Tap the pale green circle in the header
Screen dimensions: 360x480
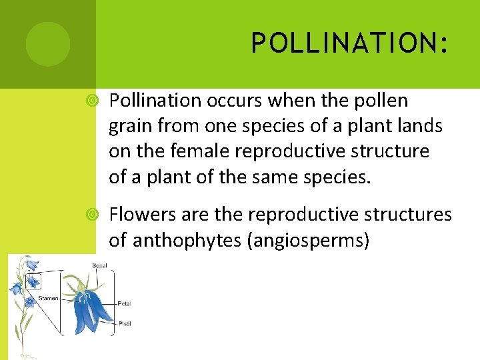tap(47, 44)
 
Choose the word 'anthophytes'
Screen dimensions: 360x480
tap(187, 240)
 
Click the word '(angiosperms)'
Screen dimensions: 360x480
tap(308, 240)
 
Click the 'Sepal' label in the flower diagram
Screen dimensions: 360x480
tap(99, 265)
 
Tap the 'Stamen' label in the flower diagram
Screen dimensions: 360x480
tap(49, 298)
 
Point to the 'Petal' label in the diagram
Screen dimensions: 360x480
tap(123, 303)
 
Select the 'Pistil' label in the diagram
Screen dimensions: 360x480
tap(123, 323)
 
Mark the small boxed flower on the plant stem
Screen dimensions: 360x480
tap(31, 281)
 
